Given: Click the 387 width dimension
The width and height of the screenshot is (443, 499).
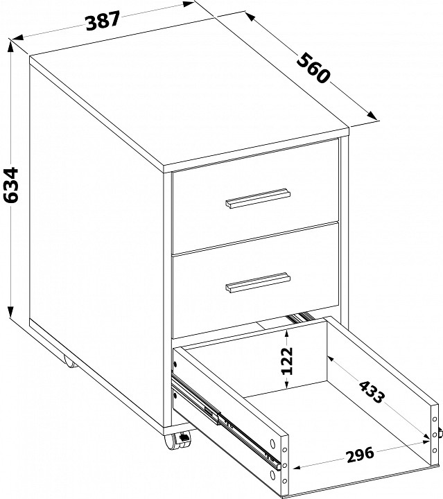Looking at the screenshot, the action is coord(103,21).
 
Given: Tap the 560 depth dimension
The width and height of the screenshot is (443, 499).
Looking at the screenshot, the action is coord(313,68).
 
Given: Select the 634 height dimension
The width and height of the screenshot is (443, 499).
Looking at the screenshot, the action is coord(10,185).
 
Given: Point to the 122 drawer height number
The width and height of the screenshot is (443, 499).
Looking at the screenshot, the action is coord(287,360).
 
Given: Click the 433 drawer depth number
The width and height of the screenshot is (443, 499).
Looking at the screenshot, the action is coord(372,392).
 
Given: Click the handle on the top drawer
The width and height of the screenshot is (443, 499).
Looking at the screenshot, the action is coord(258,199).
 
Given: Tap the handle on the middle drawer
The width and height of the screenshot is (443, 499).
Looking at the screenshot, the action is coord(258,282).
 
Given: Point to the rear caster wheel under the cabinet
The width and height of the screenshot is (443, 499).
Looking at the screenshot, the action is coord(70,362).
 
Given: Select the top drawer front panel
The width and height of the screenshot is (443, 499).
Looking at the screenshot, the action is coord(255,196).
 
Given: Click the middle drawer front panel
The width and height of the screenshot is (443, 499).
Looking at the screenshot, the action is coord(255,280).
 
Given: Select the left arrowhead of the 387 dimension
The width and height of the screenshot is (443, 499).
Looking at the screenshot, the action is coord(18,37).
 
